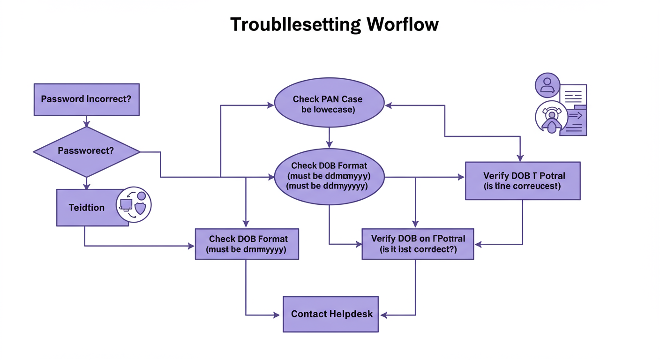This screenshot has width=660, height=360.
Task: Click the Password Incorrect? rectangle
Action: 86,99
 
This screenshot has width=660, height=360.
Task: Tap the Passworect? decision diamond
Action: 86,151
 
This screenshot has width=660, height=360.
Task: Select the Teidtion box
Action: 87,208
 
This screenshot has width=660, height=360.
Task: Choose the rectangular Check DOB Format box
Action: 247,244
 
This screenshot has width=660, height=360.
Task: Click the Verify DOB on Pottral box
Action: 418,244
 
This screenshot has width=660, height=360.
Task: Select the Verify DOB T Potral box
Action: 522,181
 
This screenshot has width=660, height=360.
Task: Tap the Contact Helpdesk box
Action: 330,314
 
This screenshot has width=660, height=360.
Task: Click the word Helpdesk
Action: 351,314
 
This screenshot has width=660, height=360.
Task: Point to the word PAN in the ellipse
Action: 333,99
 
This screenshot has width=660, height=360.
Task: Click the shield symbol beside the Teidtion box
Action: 140,209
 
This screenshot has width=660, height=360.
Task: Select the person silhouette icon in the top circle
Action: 547,85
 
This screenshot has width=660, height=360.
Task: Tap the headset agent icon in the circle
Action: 551,117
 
